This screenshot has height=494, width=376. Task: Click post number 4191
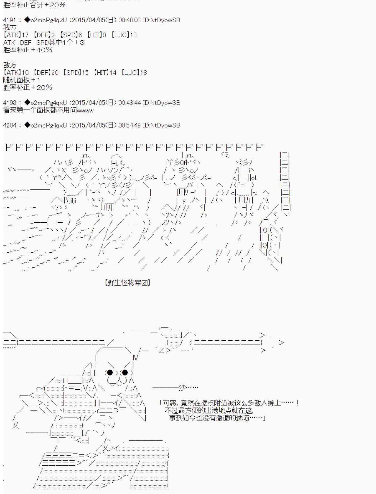pyautogui.click(x=10, y=20)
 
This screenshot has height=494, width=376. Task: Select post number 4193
pyautogui.click(x=10, y=103)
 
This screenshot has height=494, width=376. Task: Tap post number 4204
pyautogui.click(x=10, y=125)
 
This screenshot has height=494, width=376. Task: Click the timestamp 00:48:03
pyautogui.click(x=130, y=20)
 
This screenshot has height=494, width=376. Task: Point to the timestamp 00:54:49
pyautogui.click(x=130, y=125)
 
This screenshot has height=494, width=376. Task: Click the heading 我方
pyautogui.click(x=10, y=27)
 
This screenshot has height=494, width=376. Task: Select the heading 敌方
pyautogui.click(x=10, y=65)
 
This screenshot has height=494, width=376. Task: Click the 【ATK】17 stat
pyautogui.click(x=16, y=35)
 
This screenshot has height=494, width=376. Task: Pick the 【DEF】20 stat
pyautogui.click(x=46, y=73)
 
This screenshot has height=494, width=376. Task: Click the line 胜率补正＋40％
pyautogui.click(x=28, y=50)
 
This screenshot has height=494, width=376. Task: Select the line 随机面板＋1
pyautogui.click(x=22, y=80)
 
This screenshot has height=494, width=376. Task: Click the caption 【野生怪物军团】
pyautogui.click(x=128, y=283)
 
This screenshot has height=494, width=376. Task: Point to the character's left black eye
pyautogui.click(x=110, y=372)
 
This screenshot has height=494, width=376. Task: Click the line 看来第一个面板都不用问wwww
pyautogui.click(x=48, y=110)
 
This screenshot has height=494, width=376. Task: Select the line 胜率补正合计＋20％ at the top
pyautogui.click(x=34, y=5)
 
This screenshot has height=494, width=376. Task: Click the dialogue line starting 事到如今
pyautogui.click(x=217, y=418)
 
